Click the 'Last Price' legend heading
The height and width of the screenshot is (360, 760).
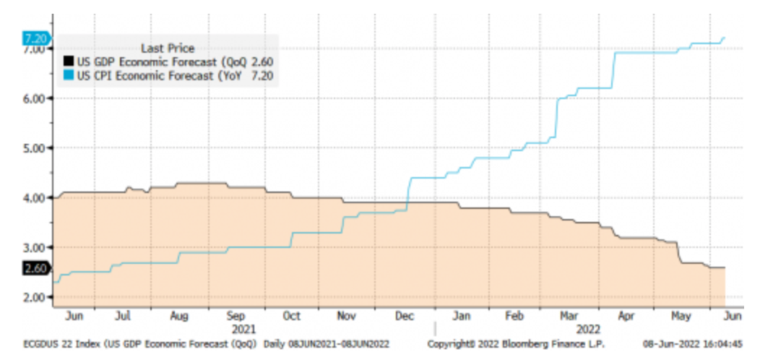[x=168, y=48]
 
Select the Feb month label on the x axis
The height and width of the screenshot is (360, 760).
[x=514, y=316]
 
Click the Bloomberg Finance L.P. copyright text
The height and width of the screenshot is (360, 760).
[x=516, y=343]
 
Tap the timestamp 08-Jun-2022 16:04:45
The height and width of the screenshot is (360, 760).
[x=698, y=343]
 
